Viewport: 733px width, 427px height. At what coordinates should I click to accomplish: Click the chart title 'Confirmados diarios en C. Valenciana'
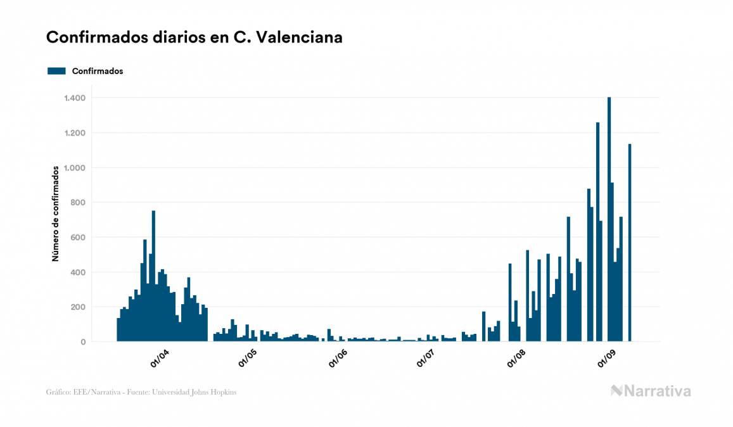coord(194,37)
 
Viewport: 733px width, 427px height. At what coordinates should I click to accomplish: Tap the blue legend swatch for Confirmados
coord(56,71)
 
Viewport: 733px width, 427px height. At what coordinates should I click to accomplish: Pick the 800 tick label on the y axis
coord(78,203)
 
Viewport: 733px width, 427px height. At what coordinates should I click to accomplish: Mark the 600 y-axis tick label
coord(78,238)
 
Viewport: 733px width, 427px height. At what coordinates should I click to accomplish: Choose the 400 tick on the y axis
coord(78,272)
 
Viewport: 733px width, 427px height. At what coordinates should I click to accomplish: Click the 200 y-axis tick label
coord(78,307)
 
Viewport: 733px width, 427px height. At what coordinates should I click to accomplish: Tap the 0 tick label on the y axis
coord(83,342)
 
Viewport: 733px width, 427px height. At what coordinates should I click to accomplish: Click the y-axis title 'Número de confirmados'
coord(56,213)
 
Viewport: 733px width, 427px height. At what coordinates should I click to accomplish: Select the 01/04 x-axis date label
coord(159,359)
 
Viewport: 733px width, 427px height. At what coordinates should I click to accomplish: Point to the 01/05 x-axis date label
coord(248,359)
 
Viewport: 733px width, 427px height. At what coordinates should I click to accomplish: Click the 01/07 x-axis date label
coord(426,359)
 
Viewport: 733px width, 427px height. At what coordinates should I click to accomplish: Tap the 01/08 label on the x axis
coord(516,359)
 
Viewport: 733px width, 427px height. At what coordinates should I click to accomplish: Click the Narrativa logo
coord(651,391)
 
